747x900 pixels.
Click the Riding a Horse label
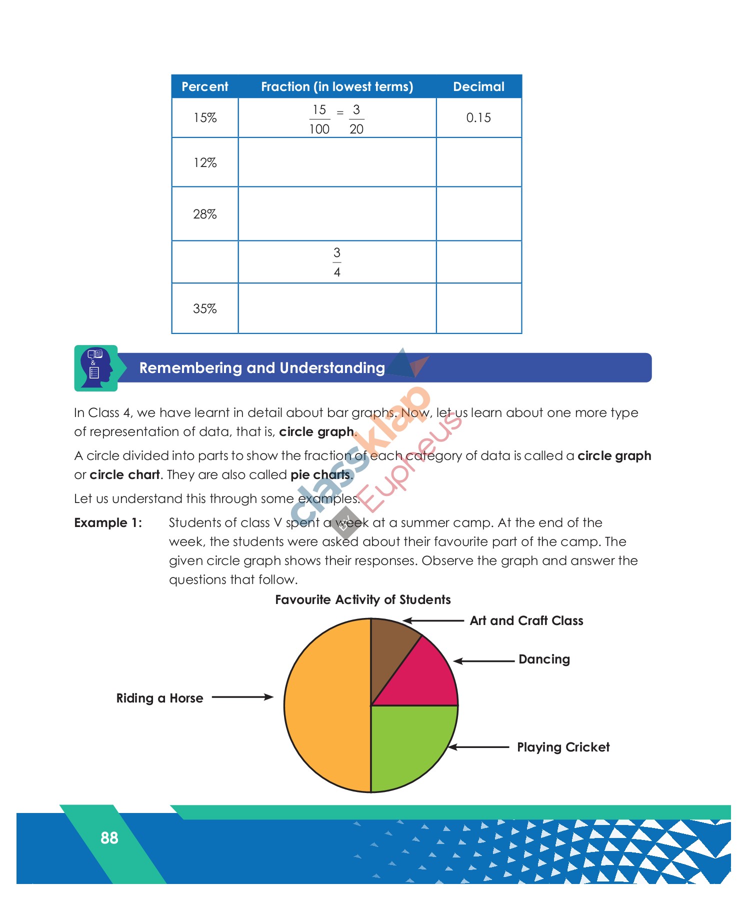coord(159,698)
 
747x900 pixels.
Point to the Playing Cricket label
coord(563,747)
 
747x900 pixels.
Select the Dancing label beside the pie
coord(544,659)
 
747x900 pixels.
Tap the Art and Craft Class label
coord(526,620)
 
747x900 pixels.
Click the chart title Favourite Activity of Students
coord(363,599)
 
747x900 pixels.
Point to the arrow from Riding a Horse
coord(242,697)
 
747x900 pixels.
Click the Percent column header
coord(204,86)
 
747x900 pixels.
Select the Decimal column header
coord(478,86)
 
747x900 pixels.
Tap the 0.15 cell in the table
coord(478,117)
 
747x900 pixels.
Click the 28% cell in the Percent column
coord(204,214)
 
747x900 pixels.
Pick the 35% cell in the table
coord(204,308)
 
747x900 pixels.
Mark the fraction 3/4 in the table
coord(337,262)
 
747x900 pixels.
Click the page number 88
coord(109,837)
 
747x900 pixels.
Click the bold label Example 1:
coord(108,522)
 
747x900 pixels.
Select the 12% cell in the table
coord(204,162)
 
